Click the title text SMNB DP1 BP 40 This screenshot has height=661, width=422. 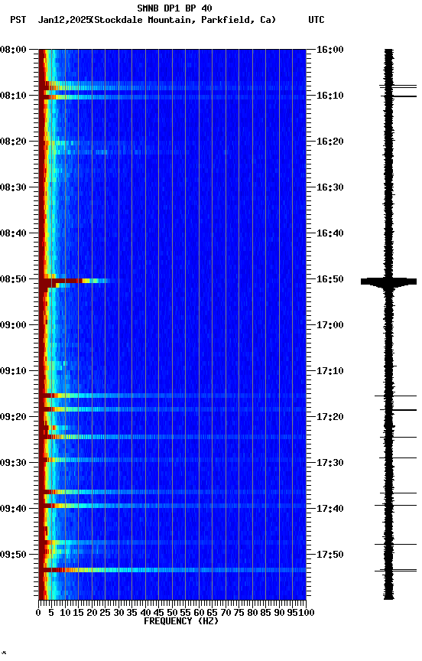(x=174, y=8)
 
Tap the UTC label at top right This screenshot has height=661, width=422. (x=316, y=20)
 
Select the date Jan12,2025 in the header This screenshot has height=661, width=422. (x=63, y=20)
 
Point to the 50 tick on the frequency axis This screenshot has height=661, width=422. (x=172, y=612)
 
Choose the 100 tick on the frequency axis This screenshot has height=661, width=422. (x=305, y=612)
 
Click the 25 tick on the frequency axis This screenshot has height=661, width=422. (x=105, y=612)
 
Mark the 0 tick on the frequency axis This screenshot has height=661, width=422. (x=39, y=612)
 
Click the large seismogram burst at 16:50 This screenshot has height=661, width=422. (x=388, y=282)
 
